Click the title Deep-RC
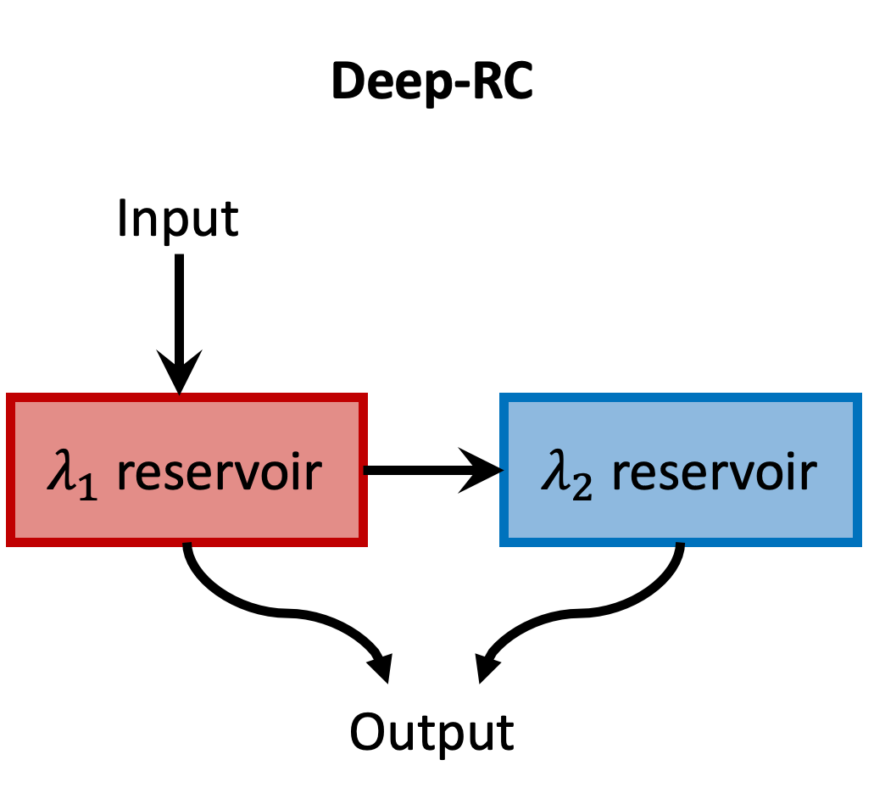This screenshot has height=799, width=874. [432, 82]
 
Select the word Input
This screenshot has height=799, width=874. [178, 219]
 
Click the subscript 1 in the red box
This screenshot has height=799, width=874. [89, 488]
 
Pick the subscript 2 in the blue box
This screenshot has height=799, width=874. [582, 488]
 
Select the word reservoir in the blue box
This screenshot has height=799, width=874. [714, 472]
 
